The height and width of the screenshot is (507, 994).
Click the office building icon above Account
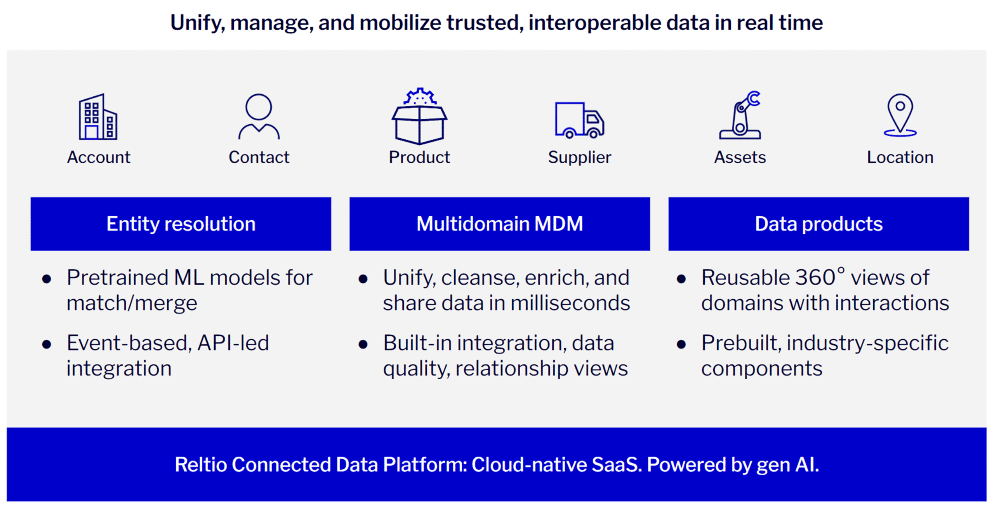pyautogui.click(x=98, y=117)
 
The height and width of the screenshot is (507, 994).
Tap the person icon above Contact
pyautogui.click(x=259, y=116)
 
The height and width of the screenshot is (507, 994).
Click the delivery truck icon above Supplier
pyautogui.click(x=579, y=120)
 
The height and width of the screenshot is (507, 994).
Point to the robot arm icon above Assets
pyautogui.click(x=740, y=116)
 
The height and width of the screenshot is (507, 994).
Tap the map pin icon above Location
pyautogui.click(x=900, y=115)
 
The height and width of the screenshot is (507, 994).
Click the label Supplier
pyautogui.click(x=579, y=157)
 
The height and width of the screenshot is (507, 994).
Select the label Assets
pyautogui.click(x=740, y=157)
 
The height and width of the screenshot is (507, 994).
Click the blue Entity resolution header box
pyautogui.click(x=181, y=224)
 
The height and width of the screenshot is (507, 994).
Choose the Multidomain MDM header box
pyautogui.click(x=499, y=224)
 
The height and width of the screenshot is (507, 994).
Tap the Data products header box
pyautogui.click(x=818, y=224)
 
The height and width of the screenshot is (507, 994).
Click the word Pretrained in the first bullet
pyautogui.click(x=117, y=278)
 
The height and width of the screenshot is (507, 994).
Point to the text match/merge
pyautogui.click(x=132, y=303)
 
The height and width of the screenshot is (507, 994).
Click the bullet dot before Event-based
pyautogui.click(x=47, y=344)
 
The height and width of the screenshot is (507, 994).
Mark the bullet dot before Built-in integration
pyautogui.click(x=363, y=344)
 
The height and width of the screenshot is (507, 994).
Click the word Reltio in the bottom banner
pyautogui.click(x=200, y=465)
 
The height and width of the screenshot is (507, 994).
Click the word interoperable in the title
pyautogui.click(x=594, y=23)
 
